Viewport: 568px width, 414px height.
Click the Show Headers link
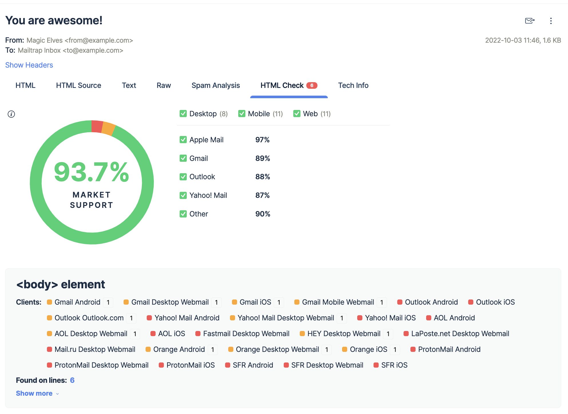[29, 65]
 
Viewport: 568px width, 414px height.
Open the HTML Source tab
[78, 85]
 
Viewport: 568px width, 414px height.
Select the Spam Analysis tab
[215, 85]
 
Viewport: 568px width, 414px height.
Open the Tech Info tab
[353, 85]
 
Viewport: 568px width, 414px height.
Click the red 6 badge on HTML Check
[311, 85]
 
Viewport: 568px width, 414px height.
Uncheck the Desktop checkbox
[183, 114]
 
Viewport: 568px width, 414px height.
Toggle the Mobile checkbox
[242, 114]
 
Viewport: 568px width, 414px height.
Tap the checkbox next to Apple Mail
[183, 140]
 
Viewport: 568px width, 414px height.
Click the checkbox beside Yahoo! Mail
[183, 195]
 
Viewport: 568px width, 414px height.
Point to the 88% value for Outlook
[263, 177]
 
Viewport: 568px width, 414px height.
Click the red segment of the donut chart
[97, 126]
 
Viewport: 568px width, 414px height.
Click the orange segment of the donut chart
[108, 128]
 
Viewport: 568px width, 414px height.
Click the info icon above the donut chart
[11, 114]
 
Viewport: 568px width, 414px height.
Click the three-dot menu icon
[551, 21]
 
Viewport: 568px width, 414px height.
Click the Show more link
[34, 393]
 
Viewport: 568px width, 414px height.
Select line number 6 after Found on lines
[72, 380]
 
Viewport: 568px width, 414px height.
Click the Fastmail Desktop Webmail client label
[246, 334]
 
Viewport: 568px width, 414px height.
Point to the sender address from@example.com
[99, 40]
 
